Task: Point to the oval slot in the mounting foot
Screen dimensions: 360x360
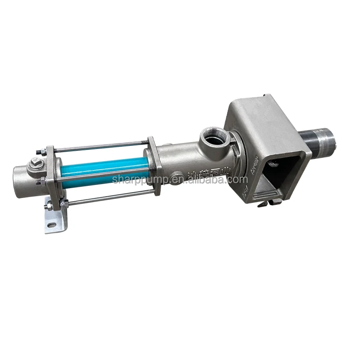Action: (x=52, y=225)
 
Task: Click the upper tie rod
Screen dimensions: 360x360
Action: (x=99, y=146)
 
